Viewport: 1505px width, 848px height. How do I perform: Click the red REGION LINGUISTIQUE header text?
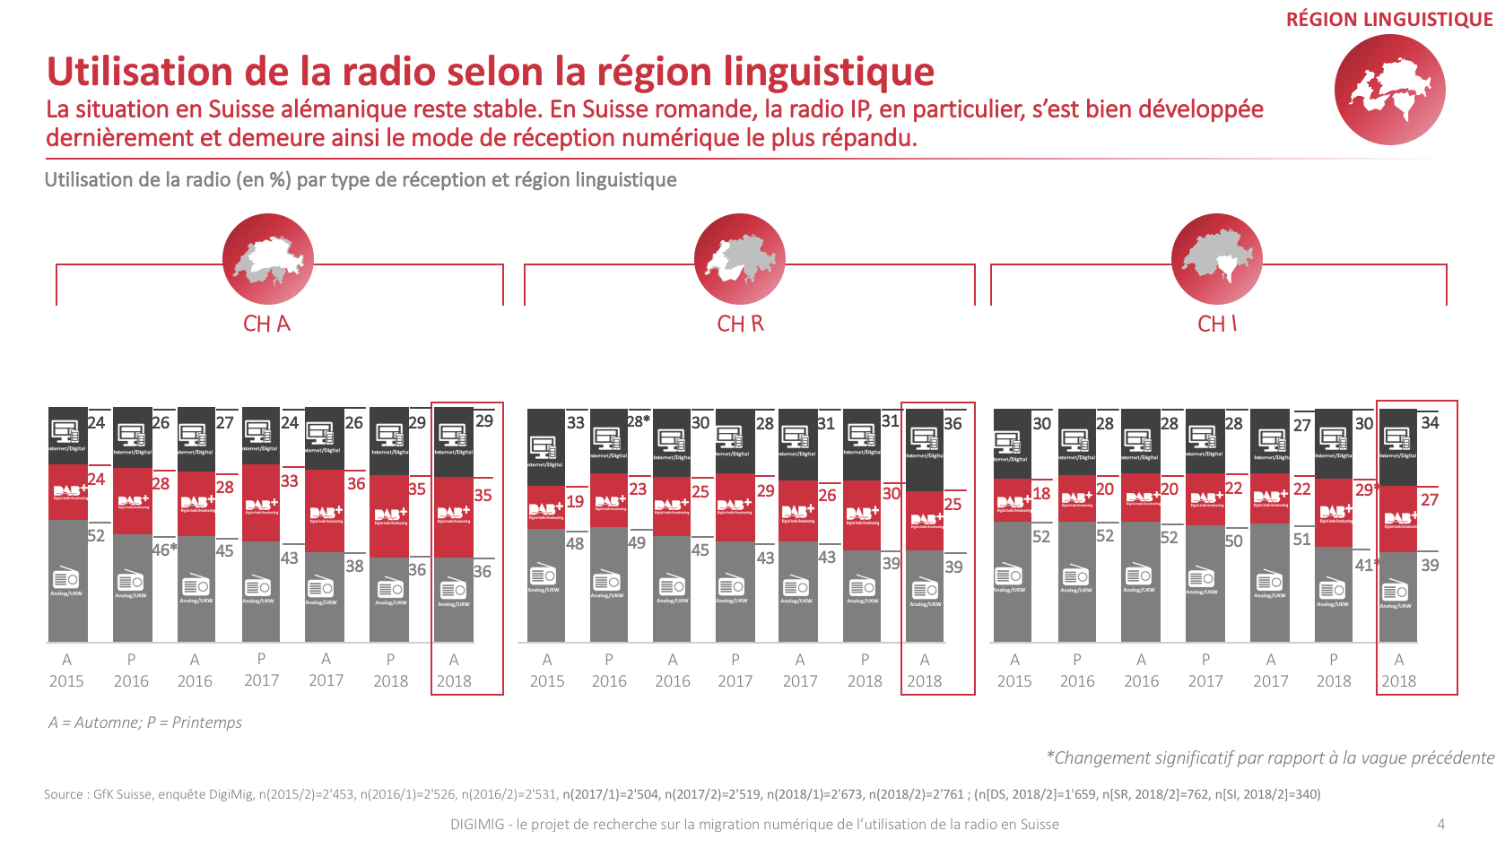(x=1388, y=20)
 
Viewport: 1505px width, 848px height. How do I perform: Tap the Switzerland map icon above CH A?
(x=268, y=259)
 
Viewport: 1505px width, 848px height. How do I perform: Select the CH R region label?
(x=740, y=324)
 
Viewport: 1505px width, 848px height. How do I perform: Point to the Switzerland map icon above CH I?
(x=1216, y=259)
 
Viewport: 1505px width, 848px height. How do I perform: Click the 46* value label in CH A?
(x=164, y=549)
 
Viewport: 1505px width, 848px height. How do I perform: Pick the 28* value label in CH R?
(x=638, y=421)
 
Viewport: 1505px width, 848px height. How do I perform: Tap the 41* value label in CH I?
(x=1366, y=565)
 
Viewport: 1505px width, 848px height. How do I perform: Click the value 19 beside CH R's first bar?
(x=575, y=502)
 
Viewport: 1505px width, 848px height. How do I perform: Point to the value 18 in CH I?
(x=1041, y=493)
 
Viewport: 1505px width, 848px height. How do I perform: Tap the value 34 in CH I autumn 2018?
(x=1430, y=422)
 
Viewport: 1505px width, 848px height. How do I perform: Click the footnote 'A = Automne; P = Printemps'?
(x=145, y=723)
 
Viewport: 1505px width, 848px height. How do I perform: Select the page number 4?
(x=1440, y=825)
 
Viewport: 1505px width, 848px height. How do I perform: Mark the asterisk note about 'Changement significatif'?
(x=1270, y=758)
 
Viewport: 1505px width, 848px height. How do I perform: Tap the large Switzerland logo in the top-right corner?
(x=1389, y=90)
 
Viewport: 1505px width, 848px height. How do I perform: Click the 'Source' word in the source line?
(x=63, y=794)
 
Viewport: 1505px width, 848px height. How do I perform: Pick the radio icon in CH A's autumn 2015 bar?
(x=66, y=578)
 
